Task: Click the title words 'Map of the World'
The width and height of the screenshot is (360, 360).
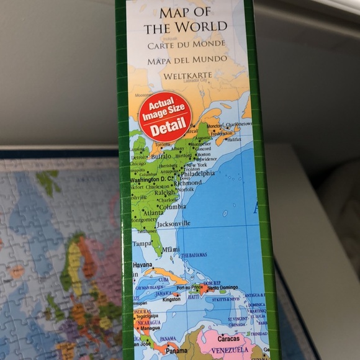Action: [186, 20]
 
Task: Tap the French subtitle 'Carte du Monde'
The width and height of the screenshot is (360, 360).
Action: [186, 45]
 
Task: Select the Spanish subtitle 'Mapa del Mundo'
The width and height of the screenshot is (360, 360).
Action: [186, 60]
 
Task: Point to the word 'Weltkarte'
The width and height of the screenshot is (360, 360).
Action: [187, 76]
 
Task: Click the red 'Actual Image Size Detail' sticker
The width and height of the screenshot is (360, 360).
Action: [164, 116]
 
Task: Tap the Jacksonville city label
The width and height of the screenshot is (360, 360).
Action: [173, 223]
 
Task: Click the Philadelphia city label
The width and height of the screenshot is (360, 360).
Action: [197, 174]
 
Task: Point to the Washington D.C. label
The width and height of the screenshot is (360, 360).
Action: [151, 179]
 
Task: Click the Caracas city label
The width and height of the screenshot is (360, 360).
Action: [228, 339]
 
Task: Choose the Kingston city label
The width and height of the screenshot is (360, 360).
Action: [171, 299]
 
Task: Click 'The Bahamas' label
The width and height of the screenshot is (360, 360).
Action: [194, 255]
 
